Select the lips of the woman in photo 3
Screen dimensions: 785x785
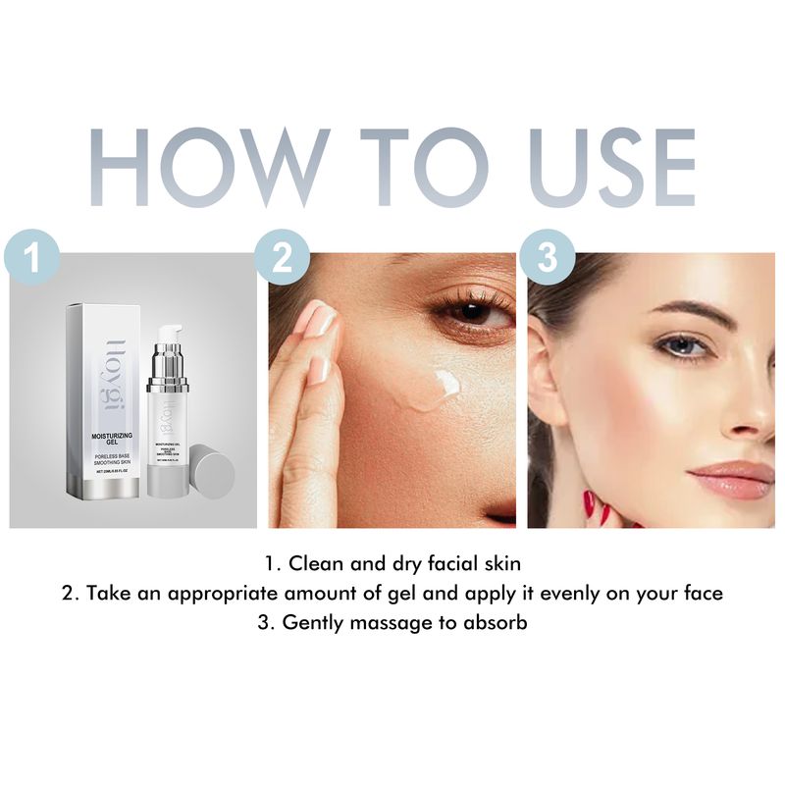click(x=732, y=479)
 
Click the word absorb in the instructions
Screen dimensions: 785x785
click(x=497, y=623)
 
